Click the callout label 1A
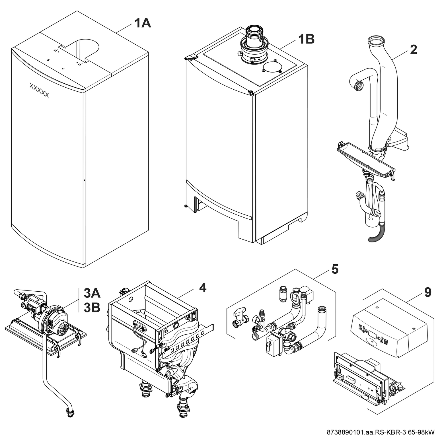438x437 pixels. tap(143, 23)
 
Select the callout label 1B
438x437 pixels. tap(306, 39)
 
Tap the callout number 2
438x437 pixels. tap(413, 50)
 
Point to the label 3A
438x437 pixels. tap(92, 292)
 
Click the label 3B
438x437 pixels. tap(92, 307)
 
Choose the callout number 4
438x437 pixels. tap(203, 288)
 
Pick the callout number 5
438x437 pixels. tap(335, 269)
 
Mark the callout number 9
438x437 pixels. tap(428, 292)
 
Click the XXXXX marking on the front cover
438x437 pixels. tap(39, 90)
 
